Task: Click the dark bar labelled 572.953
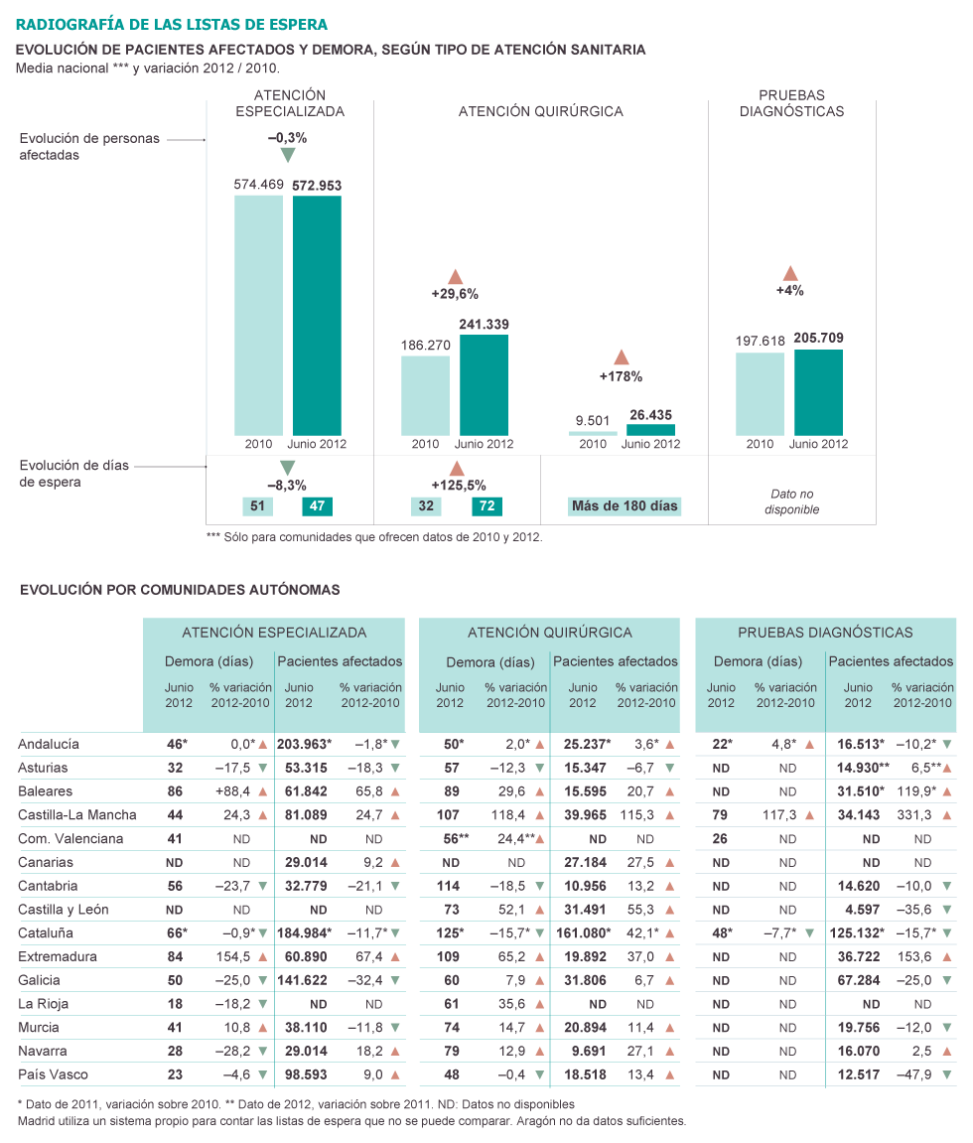click(x=317, y=315)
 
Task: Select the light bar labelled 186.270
click(x=425, y=395)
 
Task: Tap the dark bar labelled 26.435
click(x=650, y=430)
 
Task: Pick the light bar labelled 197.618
click(x=760, y=393)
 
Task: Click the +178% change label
click(x=621, y=376)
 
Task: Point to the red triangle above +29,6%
click(x=456, y=276)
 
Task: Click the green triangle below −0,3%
click(x=288, y=156)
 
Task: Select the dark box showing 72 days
click(x=487, y=506)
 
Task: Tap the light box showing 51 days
click(x=258, y=506)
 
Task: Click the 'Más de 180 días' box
click(x=625, y=506)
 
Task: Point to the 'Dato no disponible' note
click(x=792, y=501)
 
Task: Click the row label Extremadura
click(x=58, y=956)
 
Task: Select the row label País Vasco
click(x=53, y=1074)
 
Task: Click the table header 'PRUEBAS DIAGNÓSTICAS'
click(x=825, y=632)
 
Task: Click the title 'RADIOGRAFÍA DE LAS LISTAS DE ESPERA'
click(x=172, y=24)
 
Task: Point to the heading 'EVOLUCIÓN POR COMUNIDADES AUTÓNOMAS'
click(x=180, y=590)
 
